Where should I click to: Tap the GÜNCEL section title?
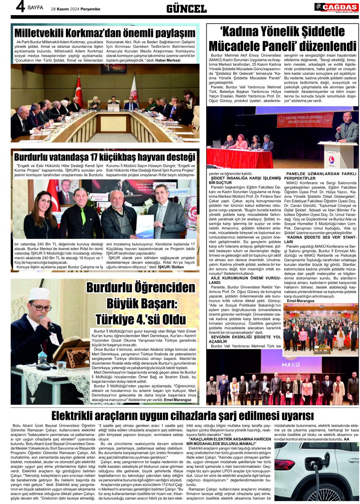pyautogui.click(x=186, y=8)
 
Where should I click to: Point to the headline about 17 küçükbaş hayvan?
pyautogui.click(x=105, y=157)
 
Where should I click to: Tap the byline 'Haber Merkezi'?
pyautogui.click(x=168, y=60)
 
